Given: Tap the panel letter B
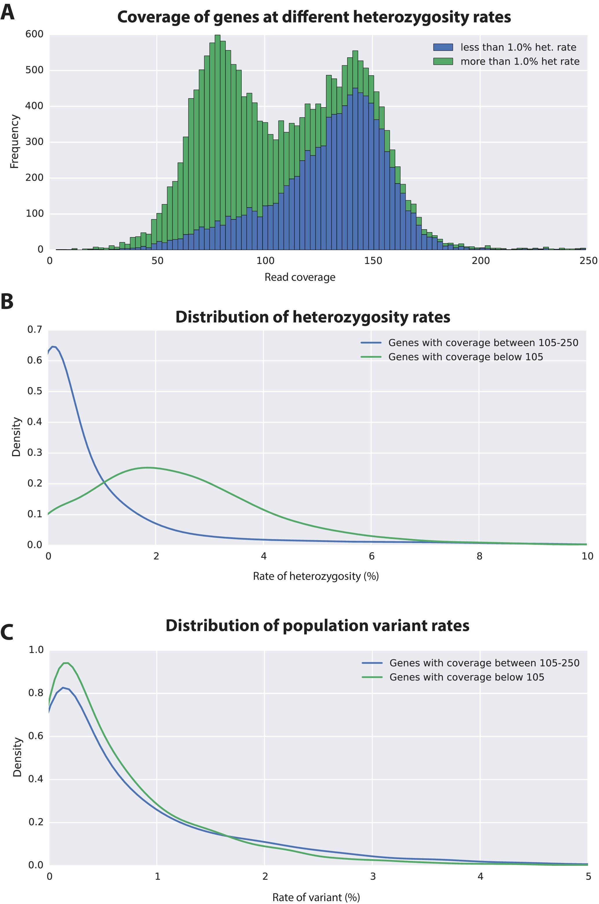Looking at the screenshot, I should tap(7, 301).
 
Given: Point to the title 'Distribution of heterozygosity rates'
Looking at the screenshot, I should tap(312, 317).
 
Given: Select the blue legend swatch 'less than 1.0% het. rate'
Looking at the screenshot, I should tap(443, 47).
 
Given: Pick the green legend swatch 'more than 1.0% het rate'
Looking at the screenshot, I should tap(443, 61).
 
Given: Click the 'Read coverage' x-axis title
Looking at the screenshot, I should tap(300, 277).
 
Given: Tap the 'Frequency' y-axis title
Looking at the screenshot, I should tap(14, 142).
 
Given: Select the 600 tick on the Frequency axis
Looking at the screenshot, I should tap(34, 34).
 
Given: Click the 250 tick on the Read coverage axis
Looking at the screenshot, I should tap(588, 261).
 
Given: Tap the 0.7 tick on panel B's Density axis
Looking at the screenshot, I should tap(34, 329).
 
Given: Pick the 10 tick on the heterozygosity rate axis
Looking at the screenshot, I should tap(587, 556).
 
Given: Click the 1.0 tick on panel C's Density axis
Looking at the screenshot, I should tap(36, 650).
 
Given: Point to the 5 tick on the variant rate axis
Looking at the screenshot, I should tap(588, 876).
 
